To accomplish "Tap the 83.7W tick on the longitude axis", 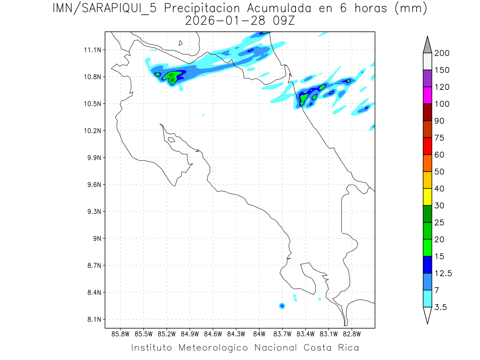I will pos(282,334).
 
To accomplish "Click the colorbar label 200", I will pos(442,54).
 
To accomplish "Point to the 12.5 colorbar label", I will pos(443,273).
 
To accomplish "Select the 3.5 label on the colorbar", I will pos(441,307).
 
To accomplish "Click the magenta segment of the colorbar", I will pos(427,95).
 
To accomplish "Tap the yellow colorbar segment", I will pos(427,197).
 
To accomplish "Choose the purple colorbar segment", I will pos(427,78).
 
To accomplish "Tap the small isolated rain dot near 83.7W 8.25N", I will pos(282,306).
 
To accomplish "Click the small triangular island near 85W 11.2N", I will pos(181,43).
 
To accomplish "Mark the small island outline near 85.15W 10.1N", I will pos(171,140).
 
